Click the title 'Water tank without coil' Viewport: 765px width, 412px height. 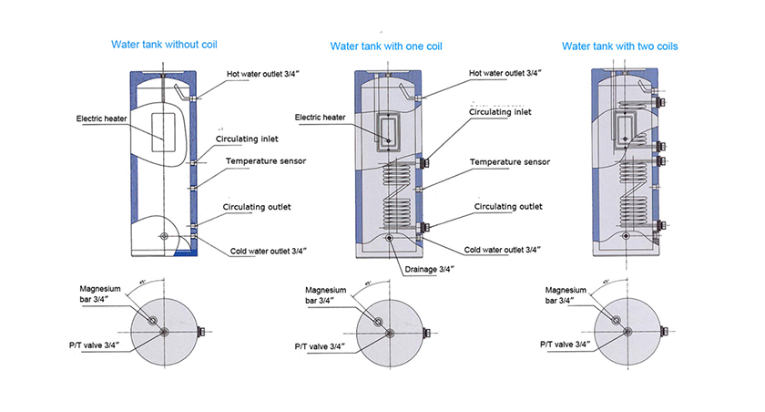pos(164,44)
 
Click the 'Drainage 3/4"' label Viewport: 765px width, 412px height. pos(430,269)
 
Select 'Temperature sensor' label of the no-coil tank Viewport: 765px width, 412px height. pos(259,160)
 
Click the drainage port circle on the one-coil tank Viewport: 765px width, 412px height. pos(390,241)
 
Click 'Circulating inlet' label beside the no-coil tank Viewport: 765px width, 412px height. pos(247,139)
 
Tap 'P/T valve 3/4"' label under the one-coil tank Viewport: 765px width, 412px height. pos(319,347)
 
